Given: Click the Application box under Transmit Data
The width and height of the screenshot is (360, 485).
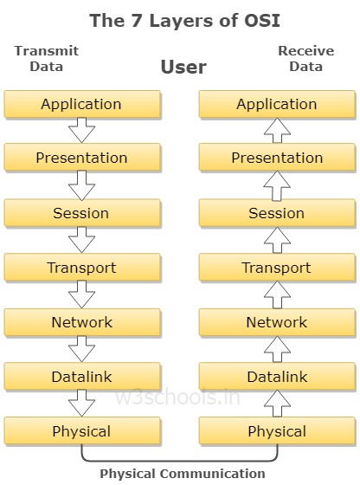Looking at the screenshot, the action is pos(82,104).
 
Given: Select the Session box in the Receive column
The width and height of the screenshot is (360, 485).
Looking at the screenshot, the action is pos(277,213).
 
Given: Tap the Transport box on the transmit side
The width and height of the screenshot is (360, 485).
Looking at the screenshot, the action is pos(82,268).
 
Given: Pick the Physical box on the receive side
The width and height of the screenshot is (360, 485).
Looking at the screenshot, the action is pos(277,431).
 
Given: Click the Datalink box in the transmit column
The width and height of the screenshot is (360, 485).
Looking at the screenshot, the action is pos(82,377).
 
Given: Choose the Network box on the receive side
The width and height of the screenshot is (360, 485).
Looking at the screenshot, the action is pos(277,322).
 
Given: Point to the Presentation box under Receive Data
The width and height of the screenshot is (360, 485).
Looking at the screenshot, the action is pos(277,157).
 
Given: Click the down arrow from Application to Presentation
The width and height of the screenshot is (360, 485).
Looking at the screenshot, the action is pos(81,130).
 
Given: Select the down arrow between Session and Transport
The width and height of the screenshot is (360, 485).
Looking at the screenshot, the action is pos(81,240).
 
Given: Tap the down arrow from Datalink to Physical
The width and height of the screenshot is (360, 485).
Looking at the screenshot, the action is pos(81,404).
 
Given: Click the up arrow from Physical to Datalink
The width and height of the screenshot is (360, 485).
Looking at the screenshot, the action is pos(277,404).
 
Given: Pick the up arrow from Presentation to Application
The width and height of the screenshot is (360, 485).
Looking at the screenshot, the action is pos(277,130).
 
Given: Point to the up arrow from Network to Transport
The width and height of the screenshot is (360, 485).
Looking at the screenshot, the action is pos(277,294).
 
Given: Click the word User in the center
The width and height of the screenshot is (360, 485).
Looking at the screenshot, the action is pos(183,67).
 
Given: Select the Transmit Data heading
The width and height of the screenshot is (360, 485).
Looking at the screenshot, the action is pos(47,59).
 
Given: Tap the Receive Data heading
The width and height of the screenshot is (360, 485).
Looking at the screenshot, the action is pos(306,59).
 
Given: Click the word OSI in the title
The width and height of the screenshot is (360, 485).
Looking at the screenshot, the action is pos(262,21).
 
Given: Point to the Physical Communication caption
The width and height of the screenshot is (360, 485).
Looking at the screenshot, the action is pos(183,474).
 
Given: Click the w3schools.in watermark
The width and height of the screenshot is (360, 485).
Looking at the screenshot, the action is pos(177,398).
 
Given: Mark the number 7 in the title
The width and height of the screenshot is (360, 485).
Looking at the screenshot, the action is pos(136,21).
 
